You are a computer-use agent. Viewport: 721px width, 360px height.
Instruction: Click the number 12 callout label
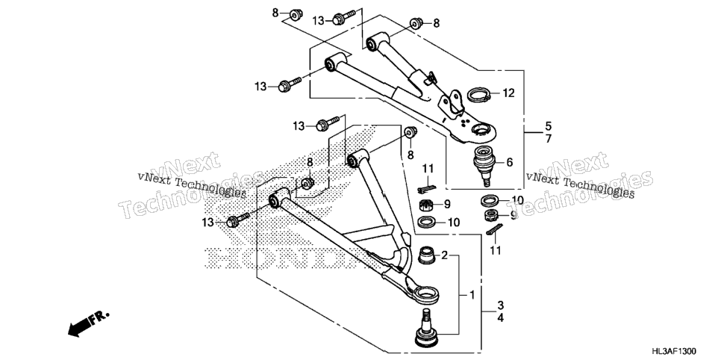508,93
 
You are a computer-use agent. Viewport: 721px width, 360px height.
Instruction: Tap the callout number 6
509,162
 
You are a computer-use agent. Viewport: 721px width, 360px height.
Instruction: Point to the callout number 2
444,255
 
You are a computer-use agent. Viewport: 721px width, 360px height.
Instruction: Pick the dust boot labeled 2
428,255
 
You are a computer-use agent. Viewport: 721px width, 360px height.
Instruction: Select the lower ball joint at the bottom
426,328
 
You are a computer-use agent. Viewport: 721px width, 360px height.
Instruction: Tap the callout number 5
548,125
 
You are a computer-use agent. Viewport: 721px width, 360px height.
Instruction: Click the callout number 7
548,138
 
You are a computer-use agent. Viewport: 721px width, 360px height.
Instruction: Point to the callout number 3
500,305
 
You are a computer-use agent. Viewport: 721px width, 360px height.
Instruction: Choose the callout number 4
500,317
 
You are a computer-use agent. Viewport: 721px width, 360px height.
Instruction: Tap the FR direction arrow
88,323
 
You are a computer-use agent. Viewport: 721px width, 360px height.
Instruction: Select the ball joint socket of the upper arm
481,131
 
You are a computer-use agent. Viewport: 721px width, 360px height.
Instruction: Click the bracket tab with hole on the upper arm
453,102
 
